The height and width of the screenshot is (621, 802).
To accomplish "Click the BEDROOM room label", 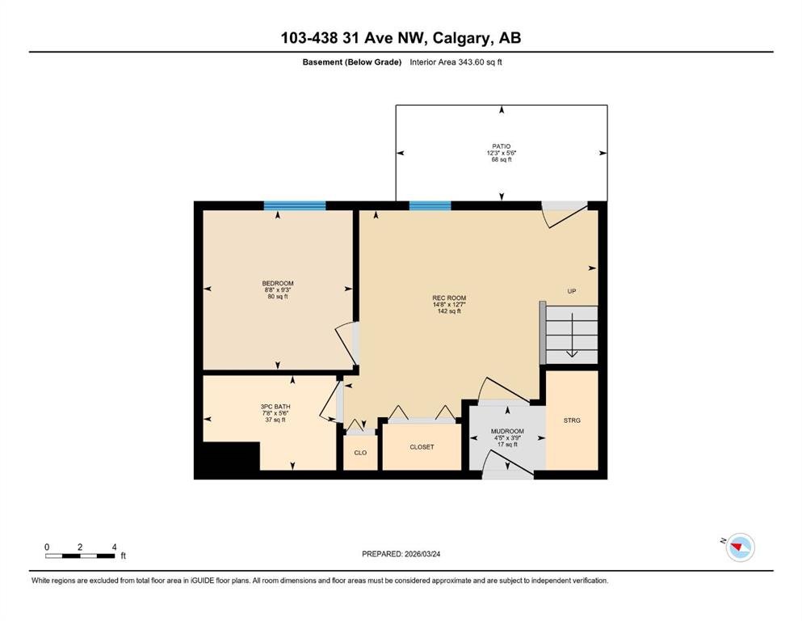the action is (278, 283).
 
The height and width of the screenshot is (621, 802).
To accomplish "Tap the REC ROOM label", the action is (449, 298).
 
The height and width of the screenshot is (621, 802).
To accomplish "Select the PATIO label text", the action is (502, 146).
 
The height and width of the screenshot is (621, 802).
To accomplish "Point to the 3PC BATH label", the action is (275, 407).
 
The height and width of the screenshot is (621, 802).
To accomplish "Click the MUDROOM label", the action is (507, 432).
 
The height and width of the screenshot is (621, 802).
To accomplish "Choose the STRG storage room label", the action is (572, 420).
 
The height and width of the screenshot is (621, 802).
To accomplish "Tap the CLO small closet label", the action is (360, 453).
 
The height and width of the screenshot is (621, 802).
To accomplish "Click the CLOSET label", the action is (422, 447).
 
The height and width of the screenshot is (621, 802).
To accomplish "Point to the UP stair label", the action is (572, 291).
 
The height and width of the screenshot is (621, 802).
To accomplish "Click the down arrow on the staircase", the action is (572, 335).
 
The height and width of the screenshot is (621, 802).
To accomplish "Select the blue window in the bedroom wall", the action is (295, 206).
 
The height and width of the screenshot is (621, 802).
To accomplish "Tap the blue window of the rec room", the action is (430, 206).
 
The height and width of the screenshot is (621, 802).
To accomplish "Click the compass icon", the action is (740, 547).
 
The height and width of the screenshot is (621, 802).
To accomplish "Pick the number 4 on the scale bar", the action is (114, 547).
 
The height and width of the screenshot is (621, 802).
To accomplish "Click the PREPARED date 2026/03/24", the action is (422, 554).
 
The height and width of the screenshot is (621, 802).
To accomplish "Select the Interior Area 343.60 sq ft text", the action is (456, 62).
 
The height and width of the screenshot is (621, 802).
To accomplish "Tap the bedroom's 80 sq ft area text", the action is (278, 297).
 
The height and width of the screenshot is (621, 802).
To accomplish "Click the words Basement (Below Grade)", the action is (352, 62).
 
